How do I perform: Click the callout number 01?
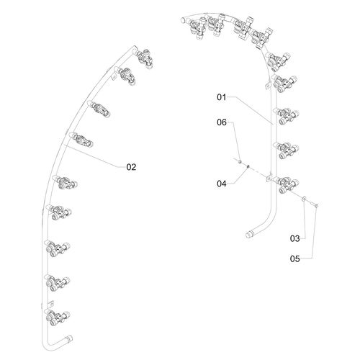pos(222,97)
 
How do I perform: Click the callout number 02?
pos(131,167)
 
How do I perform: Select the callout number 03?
pos(295,238)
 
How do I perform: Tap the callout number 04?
pos(222,184)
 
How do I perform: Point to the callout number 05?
pos(295,259)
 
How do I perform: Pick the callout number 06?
pos(222,122)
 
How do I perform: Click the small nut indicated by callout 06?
pos(240,162)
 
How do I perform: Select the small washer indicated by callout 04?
pos(248,166)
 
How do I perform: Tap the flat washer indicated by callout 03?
pos(304,198)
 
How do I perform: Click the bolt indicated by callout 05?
pos(313,204)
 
